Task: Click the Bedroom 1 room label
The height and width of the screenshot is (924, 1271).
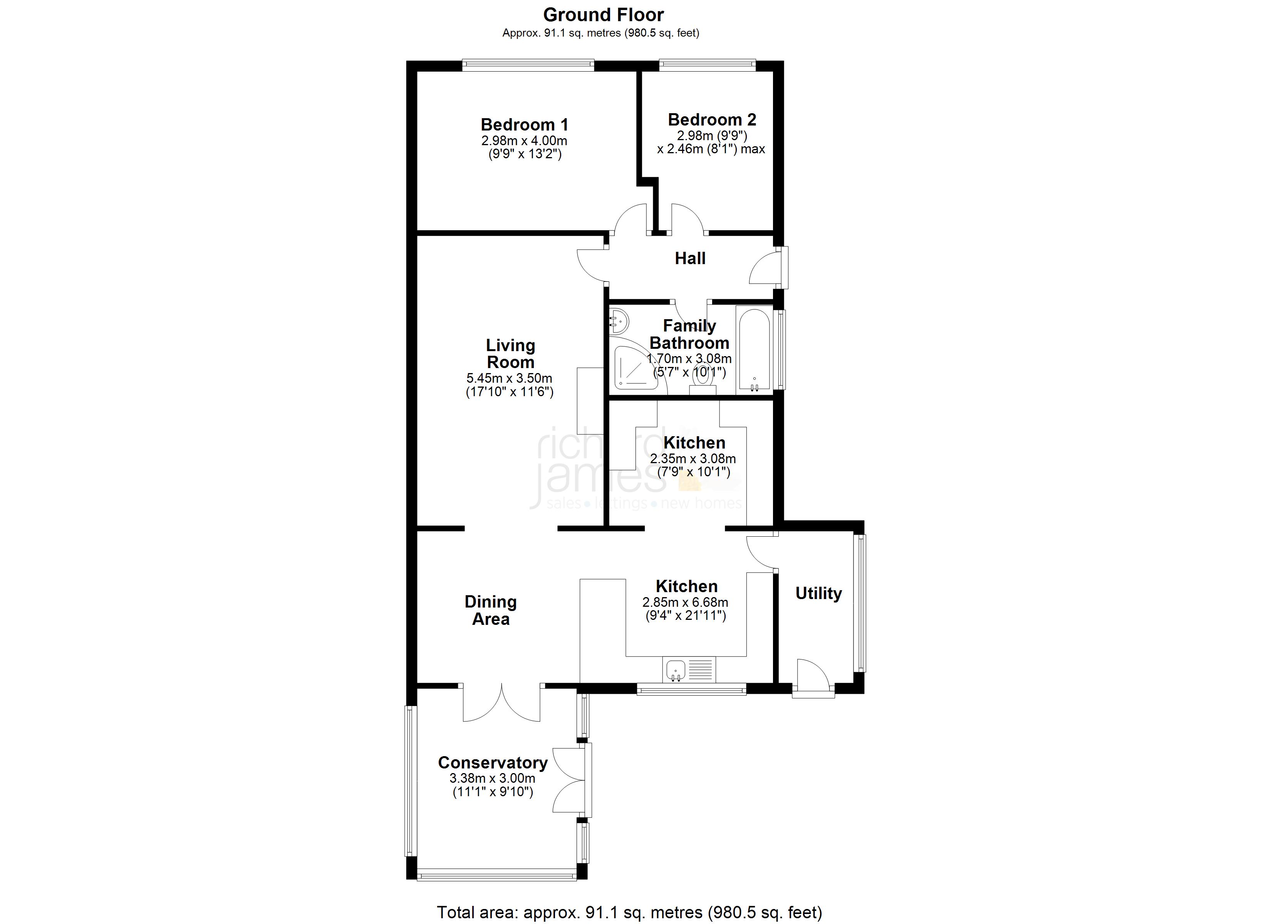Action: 525,124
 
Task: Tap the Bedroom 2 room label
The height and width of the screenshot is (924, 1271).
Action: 712,119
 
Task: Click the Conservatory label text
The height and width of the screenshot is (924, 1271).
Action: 493,763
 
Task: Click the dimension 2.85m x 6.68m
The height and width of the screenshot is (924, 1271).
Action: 685,603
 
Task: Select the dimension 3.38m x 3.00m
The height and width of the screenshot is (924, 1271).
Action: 492,778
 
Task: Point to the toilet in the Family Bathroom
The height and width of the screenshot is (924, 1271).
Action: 702,381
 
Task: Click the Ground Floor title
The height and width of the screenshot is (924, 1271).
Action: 604,15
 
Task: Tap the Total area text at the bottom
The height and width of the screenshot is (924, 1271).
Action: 629,912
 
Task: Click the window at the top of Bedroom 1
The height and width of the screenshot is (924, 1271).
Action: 528,65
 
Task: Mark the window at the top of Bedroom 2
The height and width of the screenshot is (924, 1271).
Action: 707,65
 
